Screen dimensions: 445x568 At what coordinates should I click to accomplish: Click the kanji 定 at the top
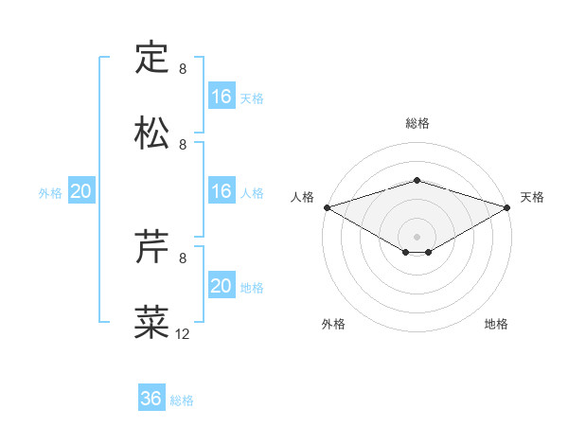(x=151, y=57)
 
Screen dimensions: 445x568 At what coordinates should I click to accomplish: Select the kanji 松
(x=151, y=133)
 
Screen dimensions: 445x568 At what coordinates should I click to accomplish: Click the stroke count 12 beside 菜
(x=183, y=334)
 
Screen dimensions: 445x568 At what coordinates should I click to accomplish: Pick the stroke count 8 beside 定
(x=183, y=69)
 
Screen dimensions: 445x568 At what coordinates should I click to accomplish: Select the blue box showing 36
(x=151, y=399)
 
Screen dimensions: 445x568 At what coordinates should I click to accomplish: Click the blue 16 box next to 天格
(x=221, y=97)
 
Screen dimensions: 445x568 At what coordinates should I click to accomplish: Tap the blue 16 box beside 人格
(x=221, y=191)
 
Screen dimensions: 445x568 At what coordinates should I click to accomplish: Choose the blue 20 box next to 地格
(x=221, y=286)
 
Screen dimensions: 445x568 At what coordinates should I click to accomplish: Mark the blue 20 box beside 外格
(x=80, y=191)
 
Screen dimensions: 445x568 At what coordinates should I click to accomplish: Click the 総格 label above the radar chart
(x=417, y=123)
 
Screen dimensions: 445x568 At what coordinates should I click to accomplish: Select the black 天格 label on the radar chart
(x=533, y=197)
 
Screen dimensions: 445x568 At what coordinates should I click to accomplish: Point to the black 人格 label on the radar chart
(x=302, y=197)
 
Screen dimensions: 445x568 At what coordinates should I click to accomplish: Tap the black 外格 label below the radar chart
(x=333, y=324)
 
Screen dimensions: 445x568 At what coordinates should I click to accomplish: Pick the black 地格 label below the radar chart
(x=496, y=324)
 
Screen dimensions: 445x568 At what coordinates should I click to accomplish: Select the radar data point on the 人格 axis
(x=327, y=206)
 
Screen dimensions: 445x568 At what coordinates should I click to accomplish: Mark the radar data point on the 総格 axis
(x=417, y=180)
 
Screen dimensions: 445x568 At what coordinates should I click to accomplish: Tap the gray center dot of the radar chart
(x=417, y=236)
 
